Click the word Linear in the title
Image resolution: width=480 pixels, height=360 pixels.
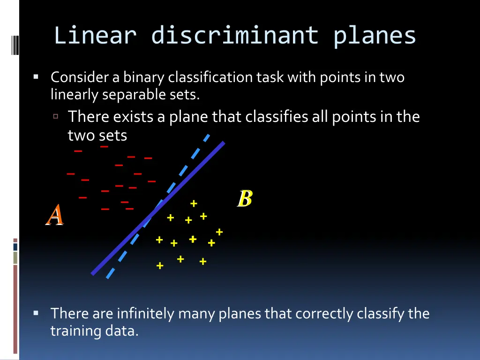[95, 36]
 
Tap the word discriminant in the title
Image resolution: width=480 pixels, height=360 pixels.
[235, 36]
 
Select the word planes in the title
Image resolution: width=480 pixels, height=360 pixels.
[375, 36]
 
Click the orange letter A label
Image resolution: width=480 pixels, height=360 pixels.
[55, 215]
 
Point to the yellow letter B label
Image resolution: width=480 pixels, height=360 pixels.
[245, 199]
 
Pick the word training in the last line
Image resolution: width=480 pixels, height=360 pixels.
[75, 331]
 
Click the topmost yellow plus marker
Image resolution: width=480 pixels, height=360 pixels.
[193, 203]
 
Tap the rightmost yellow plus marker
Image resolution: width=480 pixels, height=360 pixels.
[219, 232]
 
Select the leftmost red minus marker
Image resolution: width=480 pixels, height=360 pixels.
[71, 174]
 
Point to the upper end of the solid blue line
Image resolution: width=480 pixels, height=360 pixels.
[224, 142]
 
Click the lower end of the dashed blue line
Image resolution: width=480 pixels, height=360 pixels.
[108, 277]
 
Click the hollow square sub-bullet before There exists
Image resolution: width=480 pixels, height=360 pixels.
[56, 117]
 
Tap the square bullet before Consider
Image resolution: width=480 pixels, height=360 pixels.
[36, 77]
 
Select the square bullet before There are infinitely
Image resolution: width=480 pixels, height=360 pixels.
[36, 313]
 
